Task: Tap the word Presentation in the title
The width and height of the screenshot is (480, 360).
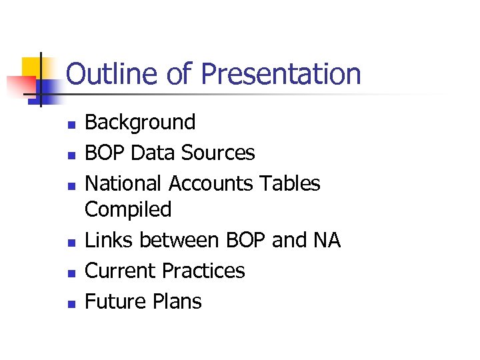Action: pos(281,74)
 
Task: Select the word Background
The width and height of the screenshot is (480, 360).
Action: pos(140,123)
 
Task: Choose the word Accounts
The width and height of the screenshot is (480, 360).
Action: pos(212,183)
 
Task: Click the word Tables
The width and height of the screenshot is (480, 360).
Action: pos(292,183)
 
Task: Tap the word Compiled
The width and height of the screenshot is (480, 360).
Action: pos(128,209)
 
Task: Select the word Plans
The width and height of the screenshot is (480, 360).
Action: pos(177,301)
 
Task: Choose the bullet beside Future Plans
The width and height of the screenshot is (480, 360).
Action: pos(71,303)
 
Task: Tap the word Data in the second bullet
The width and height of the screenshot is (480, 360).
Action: pos(150,153)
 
